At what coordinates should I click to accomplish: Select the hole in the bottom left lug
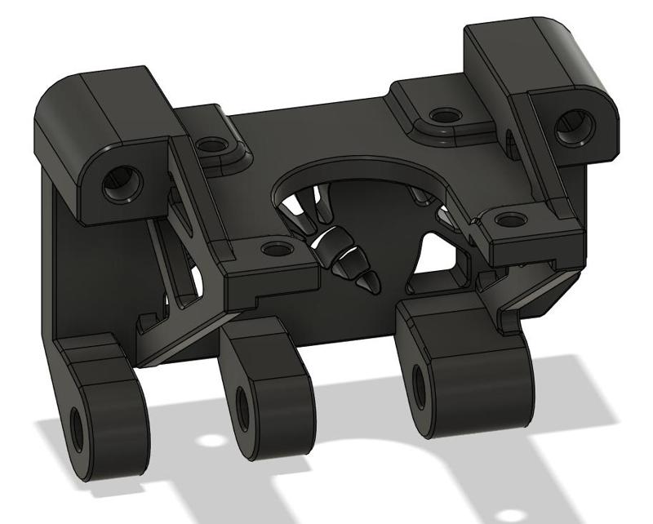(x=78, y=425)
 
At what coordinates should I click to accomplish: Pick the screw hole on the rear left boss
(x=213, y=146)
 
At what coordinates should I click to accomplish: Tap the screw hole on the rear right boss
(x=443, y=115)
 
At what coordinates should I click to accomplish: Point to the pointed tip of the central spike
(x=375, y=287)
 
